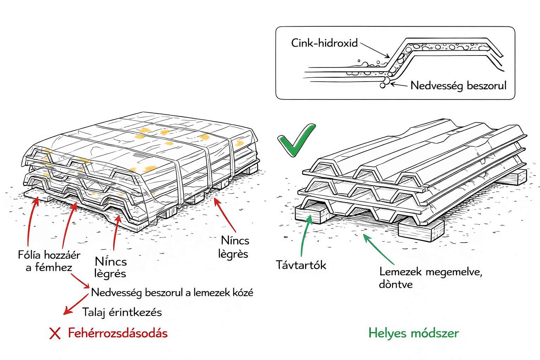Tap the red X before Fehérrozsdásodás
coord(55,333)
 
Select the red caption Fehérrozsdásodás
coord(118,333)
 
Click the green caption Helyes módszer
coord(413,333)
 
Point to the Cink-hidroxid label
coord(324,43)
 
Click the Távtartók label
coord(301,265)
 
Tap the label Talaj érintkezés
coord(122,312)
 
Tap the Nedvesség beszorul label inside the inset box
coord(458,85)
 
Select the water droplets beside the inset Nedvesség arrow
coord(385,82)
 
